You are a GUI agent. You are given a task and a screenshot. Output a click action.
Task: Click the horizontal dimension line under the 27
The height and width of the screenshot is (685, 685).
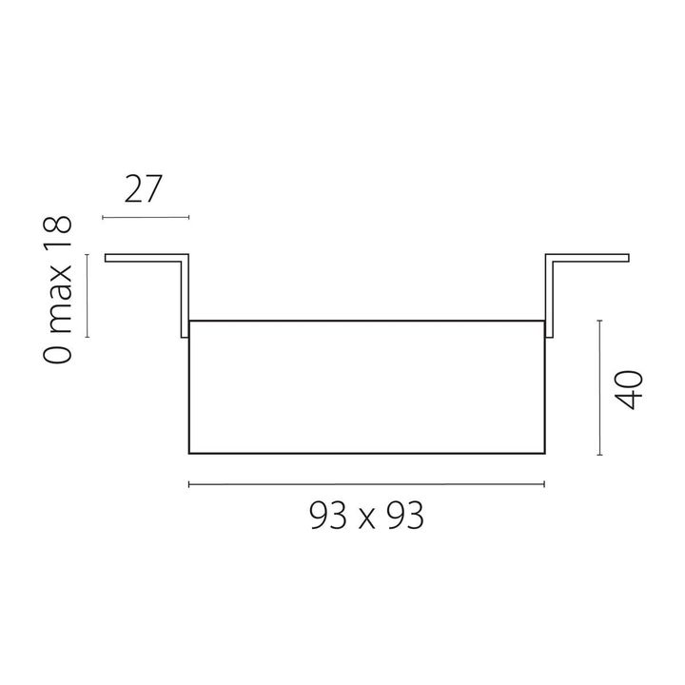tap(146, 218)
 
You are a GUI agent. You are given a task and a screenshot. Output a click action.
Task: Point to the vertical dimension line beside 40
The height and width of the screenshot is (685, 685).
tap(599, 388)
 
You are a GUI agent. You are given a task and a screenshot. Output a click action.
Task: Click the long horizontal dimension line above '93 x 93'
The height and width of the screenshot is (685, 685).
tap(366, 485)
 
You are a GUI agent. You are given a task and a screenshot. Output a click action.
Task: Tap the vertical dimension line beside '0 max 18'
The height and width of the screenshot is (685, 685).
tap(88, 295)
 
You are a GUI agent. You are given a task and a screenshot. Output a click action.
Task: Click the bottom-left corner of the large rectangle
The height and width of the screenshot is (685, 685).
tap(190, 453)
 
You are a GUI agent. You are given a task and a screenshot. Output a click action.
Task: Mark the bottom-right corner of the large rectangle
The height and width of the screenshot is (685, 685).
tap(543, 453)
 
